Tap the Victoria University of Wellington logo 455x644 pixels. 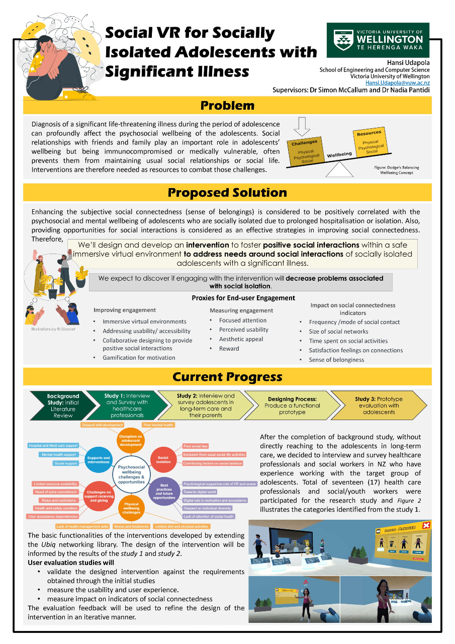click(x=378, y=40)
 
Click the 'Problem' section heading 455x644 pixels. click(x=227, y=106)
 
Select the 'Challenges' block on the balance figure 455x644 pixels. click(x=305, y=151)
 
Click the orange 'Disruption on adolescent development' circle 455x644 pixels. click(x=130, y=440)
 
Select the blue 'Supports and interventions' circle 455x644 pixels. click(x=99, y=460)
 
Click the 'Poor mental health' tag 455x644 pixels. click(x=158, y=425)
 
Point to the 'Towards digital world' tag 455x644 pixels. click(x=200, y=492)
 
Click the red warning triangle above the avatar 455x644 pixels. click(x=304, y=581)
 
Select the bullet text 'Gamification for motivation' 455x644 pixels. click(x=139, y=358)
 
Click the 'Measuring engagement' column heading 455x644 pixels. click(x=241, y=310)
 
